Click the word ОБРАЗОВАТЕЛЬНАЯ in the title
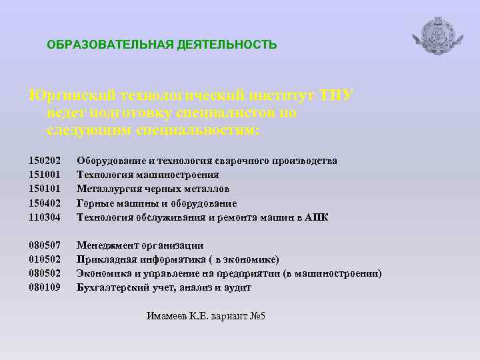click(x=109, y=45)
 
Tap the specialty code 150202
click(x=45, y=161)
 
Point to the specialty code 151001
click(x=45, y=175)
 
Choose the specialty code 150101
click(x=45, y=189)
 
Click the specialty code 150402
click(x=45, y=203)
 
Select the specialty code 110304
click(x=45, y=217)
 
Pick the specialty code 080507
click(x=45, y=245)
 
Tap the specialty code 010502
click(x=45, y=259)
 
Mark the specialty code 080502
click(x=45, y=273)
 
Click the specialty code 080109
click(x=45, y=287)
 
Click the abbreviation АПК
click(x=317, y=217)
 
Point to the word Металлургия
click(x=107, y=189)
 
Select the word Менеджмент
click(x=106, y=245)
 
